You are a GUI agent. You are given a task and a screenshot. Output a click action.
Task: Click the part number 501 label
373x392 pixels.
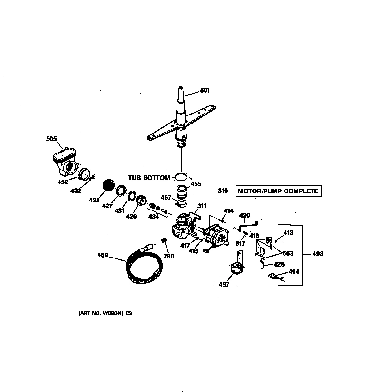[205, 90]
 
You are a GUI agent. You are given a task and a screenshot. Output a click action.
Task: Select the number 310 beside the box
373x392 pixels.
[223, 191]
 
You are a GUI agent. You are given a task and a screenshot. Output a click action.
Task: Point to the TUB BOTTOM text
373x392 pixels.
[148, 178]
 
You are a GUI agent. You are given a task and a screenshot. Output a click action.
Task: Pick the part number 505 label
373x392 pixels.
[51, 139]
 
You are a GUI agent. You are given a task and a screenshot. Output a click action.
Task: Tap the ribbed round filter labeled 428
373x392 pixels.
[110, 186]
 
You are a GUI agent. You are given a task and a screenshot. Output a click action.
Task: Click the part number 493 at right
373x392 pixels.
[317, 254]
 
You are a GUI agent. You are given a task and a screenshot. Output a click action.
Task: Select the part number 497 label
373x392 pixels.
[224, 285]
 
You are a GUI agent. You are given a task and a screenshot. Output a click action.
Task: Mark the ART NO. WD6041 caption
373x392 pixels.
[105, 313]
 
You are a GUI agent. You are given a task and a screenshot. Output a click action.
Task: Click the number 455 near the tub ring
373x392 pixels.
[196, 184]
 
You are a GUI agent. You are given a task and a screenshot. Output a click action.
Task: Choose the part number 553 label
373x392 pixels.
[287, 253]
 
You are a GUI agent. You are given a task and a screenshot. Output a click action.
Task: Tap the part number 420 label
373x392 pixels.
[244, 215]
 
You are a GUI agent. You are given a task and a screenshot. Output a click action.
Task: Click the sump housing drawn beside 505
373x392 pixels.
[64, 162]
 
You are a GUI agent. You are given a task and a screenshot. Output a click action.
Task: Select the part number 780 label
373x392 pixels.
[169, 256]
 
